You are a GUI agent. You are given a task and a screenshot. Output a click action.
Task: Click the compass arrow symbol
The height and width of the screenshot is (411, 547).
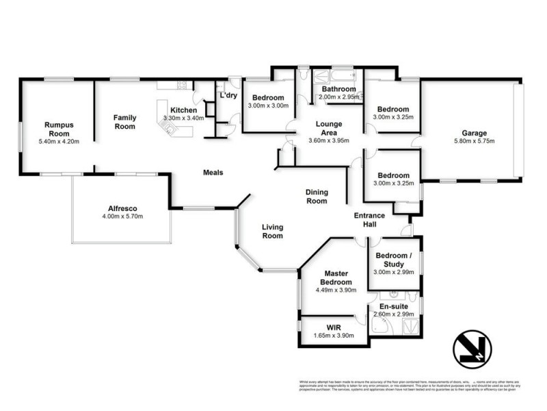tap(471, 347)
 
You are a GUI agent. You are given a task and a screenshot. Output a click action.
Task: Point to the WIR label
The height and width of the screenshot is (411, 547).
tap(334, 328)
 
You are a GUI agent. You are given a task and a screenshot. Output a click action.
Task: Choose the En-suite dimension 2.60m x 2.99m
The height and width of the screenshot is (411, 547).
tap(393, 314)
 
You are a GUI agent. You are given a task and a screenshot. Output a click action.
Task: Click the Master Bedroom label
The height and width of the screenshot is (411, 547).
tap(334, 277)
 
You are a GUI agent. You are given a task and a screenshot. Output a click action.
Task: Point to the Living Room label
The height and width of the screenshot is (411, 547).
tap(272, 232)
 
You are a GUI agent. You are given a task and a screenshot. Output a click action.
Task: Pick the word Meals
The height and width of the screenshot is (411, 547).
tap(213, 173)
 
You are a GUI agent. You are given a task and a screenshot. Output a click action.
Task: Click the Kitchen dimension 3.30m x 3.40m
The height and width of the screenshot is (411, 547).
tap(184, 119)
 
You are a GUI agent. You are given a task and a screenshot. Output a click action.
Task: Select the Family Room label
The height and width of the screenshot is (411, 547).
tap(124, 122)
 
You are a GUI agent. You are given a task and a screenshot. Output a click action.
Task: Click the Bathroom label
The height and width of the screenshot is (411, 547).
tap(339, 89)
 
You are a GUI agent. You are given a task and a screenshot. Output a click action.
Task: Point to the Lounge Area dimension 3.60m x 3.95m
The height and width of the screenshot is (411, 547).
tap(329, 141)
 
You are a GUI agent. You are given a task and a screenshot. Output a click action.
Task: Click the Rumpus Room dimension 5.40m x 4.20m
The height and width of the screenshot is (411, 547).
tap(58, 142)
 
